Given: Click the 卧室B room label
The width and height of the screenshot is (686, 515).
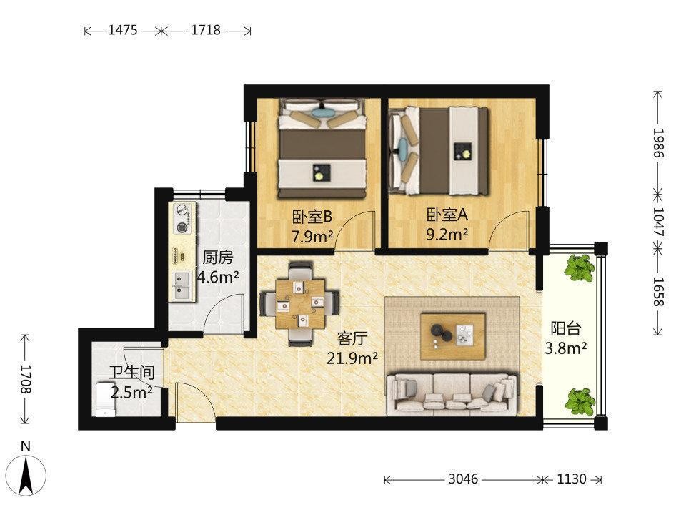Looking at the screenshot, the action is coord(312,216).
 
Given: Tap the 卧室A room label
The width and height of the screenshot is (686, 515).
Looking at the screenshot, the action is coord(447,215).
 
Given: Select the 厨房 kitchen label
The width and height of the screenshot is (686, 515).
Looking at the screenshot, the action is coord(218,257).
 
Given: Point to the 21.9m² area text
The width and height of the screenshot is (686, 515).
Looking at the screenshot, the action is coord(352,358).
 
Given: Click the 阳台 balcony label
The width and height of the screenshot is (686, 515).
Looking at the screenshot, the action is coord(566,328).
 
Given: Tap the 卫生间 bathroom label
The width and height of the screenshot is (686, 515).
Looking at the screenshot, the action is coord(131,373).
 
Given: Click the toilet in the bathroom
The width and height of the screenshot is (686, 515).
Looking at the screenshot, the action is coord(106,398).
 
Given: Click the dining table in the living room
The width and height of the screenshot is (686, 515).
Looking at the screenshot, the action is coord(299,304).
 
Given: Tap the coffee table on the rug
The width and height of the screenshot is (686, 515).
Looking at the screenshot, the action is coord(453,336).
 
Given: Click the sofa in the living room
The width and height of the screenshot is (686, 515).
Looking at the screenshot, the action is coord(452,394).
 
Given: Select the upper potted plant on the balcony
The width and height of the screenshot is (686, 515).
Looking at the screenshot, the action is coord(580,268).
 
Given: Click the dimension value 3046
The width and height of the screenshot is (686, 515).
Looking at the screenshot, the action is coord(463,479).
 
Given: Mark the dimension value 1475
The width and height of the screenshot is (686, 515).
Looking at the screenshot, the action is coord(123,30).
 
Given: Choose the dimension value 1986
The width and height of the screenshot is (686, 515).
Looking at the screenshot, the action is coord(658,143).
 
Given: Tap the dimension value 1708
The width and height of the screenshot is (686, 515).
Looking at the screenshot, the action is coord(26,379).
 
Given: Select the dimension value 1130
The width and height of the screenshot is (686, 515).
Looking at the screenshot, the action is coord(572,479).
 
